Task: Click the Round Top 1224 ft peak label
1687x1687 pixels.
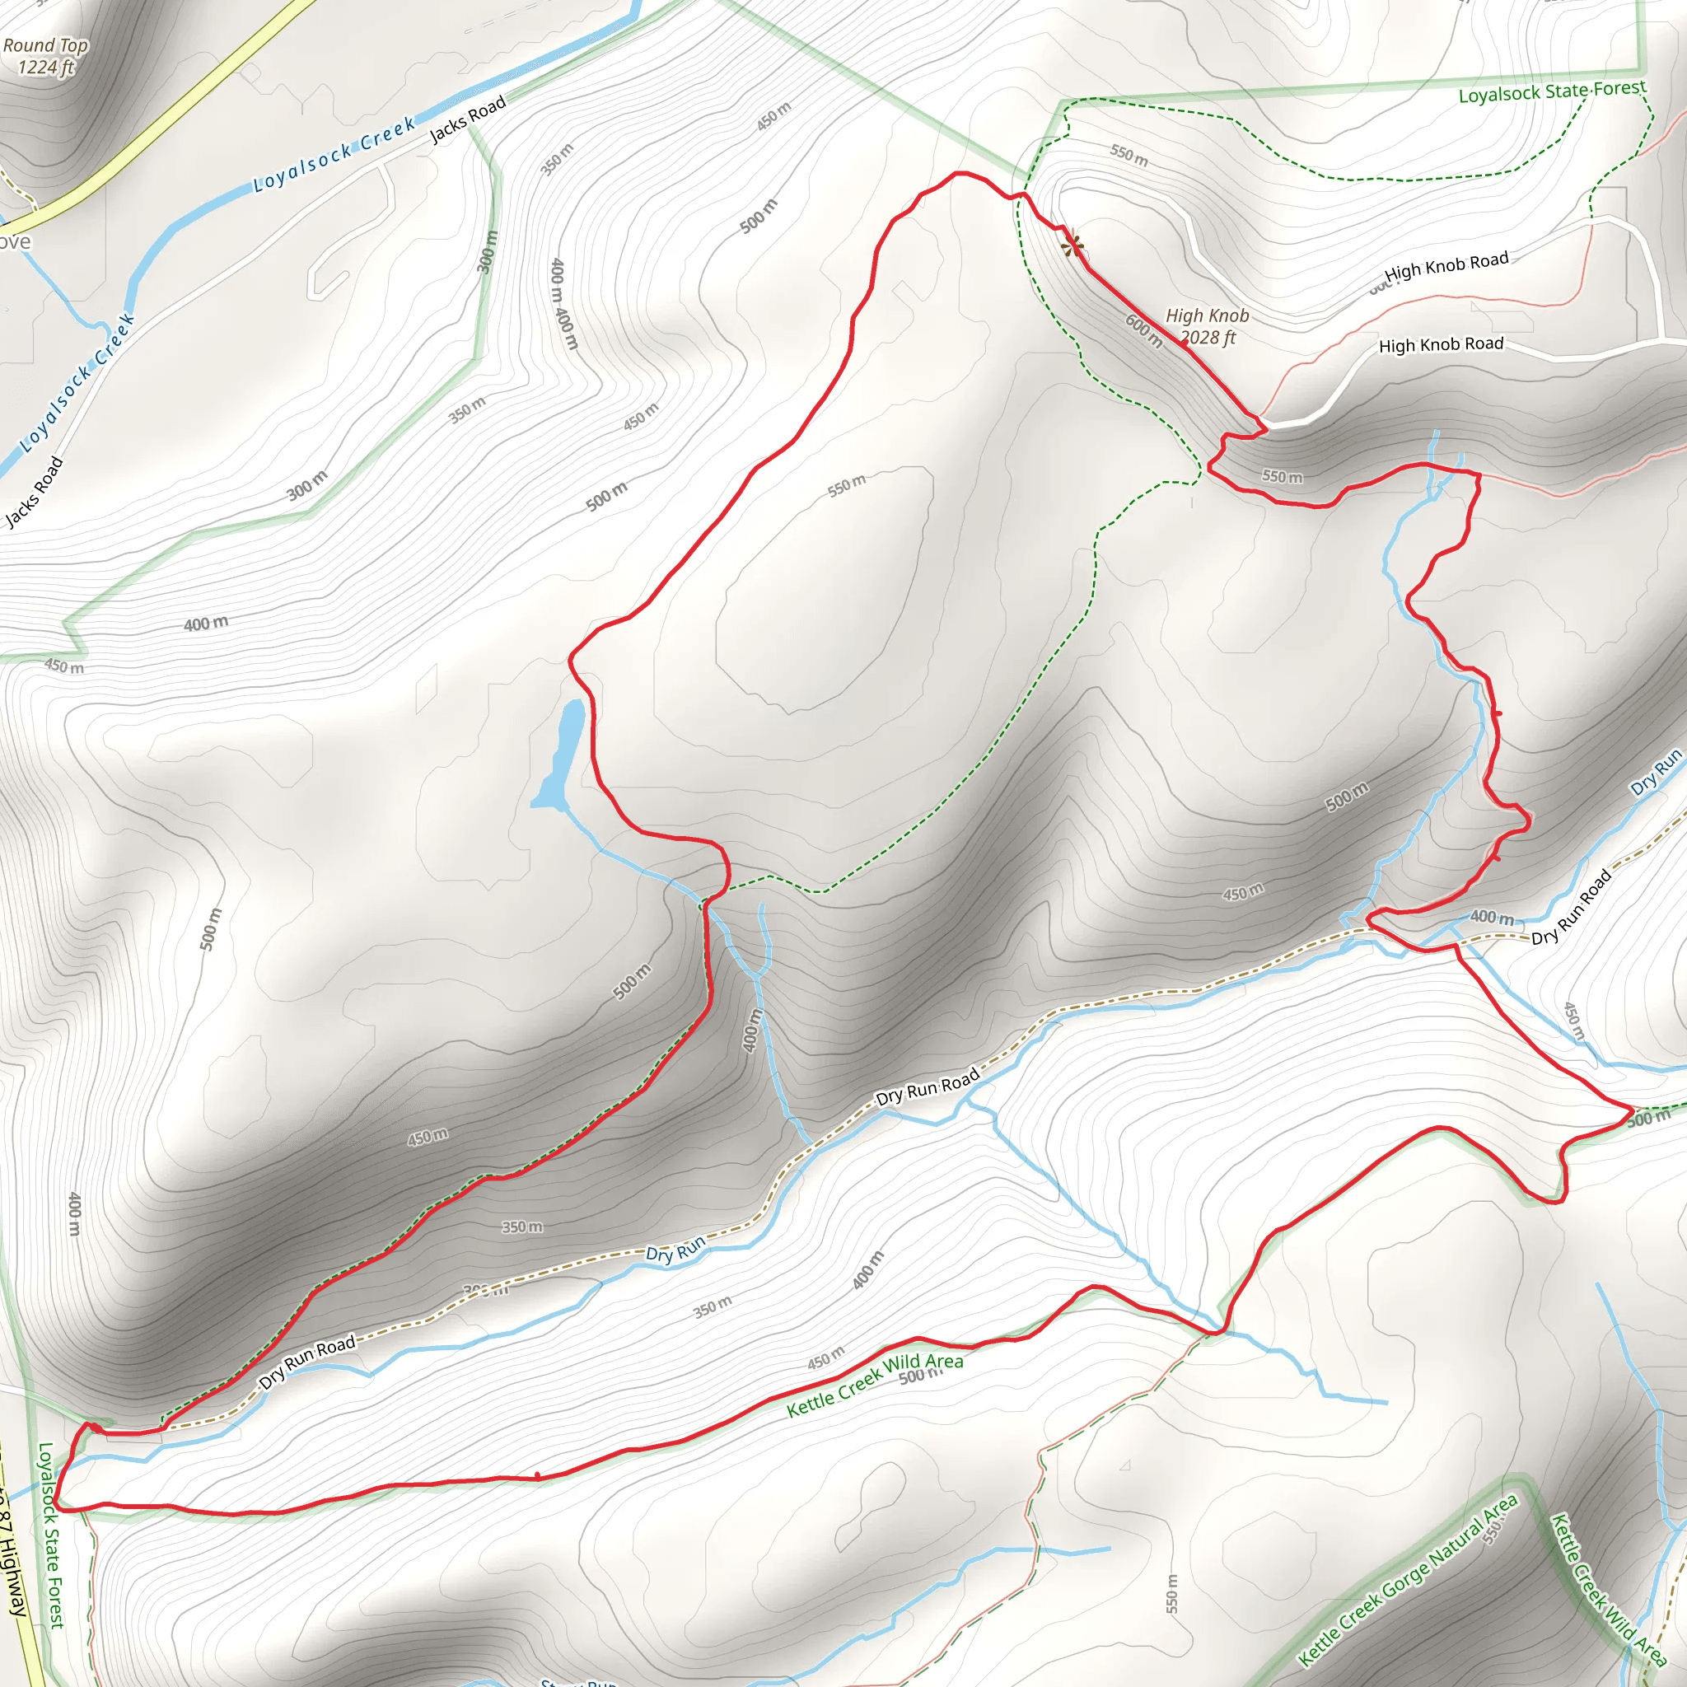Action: tap(45, 56)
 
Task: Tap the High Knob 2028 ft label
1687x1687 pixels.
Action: tap(1208, 325)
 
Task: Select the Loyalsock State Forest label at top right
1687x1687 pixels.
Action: tap(1552, 91)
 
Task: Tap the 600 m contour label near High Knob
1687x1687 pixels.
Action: tap(1144, 331)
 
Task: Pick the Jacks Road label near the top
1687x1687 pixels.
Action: tap(468, 119)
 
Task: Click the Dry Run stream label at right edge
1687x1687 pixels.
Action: tap(1656, 773)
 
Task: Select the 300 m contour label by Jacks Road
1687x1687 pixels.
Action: tap(307, 485)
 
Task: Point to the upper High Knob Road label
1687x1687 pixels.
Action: tap(1446, 264)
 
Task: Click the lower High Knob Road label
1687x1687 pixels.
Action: tap(1441, 345)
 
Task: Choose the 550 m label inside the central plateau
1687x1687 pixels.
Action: tap(846, 485)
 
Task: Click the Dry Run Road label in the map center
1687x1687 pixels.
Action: tap(928, 1088)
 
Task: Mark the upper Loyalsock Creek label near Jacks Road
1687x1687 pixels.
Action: tap(334, 156)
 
